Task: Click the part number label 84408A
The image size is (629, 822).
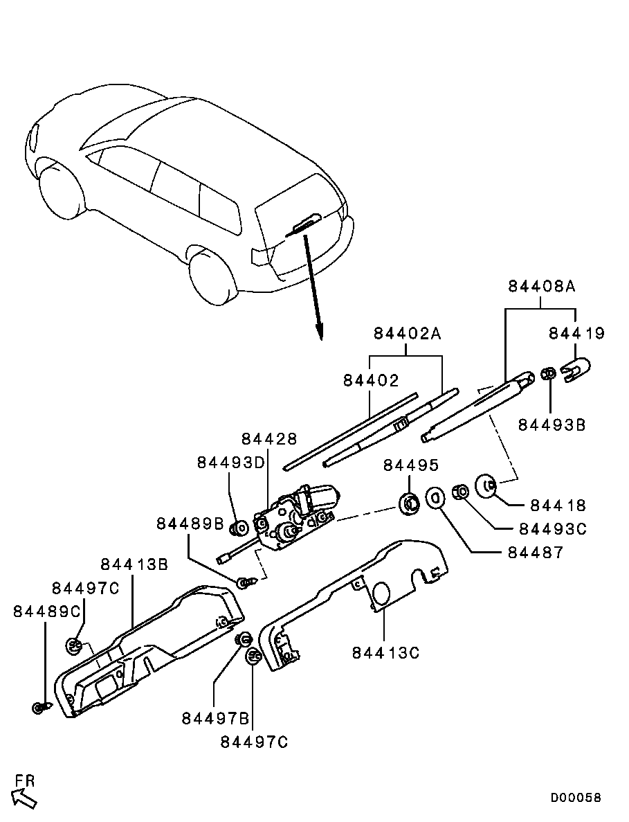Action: click(542, 286)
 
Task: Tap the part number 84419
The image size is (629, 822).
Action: click(576, 334)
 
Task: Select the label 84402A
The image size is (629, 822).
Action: click(408, 334)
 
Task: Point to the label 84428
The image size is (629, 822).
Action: click(269, 439)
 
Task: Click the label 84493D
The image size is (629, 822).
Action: click(231, 462)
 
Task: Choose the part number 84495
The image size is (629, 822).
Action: click(411, 464)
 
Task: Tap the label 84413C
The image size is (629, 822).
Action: click(385, 652)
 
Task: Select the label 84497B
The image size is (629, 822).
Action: click(215, 718)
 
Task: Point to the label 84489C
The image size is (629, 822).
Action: click(46, 611)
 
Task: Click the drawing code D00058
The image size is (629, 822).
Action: click(576, 798)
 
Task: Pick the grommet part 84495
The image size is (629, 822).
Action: click(409, 503)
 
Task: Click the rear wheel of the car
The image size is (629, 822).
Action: click(211, 277)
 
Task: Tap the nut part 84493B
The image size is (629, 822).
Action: click(547, 375)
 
